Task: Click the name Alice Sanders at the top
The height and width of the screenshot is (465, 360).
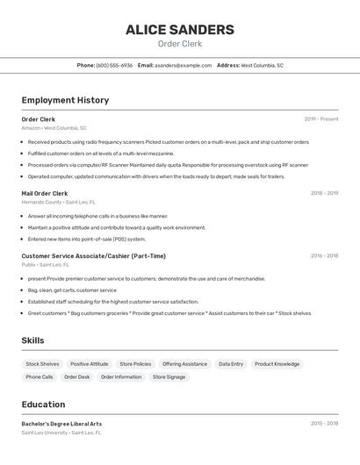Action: pos(179,30)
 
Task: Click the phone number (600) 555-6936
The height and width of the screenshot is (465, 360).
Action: pos(114,65)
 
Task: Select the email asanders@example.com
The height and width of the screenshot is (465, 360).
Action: pos(183,65)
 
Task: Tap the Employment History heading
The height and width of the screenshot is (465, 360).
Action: pos(65,100)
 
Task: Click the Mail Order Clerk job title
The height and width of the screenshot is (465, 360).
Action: pos(45,193)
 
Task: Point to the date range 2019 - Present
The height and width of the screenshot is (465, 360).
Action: pos(321,119)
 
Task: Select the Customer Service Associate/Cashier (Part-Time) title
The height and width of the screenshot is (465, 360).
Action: pos(94,256)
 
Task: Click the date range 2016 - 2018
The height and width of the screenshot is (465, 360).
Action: pos(324,256)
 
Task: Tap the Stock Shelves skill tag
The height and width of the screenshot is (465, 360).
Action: pos(42,364)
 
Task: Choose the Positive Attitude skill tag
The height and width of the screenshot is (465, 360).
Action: pos(90,364)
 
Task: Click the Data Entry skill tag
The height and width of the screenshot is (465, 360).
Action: pos(231,364)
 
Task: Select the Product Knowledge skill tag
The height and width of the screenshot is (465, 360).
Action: pos(277,364)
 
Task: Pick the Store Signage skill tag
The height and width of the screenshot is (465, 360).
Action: pos(169,377)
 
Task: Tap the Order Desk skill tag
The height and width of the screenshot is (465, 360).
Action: pos(77,377)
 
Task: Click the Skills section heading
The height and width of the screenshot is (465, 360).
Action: pos(32,340)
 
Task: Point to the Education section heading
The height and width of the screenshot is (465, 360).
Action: pos(43,404)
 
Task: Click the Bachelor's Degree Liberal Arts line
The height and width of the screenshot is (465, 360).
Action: pos(61,424)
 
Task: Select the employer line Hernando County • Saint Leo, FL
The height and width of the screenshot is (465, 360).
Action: pos(59,202)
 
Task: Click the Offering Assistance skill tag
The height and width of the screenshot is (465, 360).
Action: pos(184,364)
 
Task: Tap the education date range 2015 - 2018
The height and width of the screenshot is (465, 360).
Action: pos(324,424)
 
